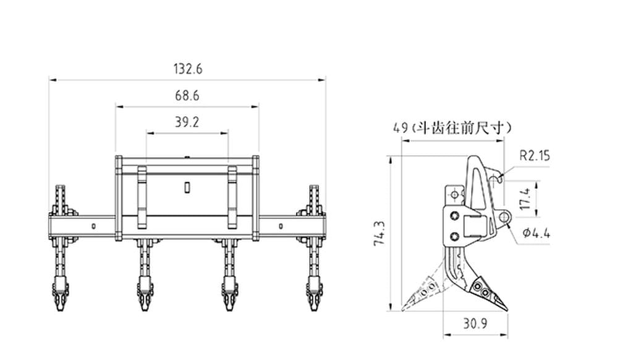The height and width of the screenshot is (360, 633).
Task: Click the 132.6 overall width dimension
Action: coord(187,69)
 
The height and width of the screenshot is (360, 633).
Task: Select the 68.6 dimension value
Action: coord(187,96)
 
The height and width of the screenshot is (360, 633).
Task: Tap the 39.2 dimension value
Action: coord(187,122)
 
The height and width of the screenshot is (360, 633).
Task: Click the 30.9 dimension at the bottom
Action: coord(475,324)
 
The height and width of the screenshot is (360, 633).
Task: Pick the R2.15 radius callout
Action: coord(534,156)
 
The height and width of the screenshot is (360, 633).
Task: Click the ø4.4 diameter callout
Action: coord(535,234)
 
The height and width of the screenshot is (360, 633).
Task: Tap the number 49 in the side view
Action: coord(400,128)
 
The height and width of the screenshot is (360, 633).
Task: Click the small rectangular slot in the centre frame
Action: coord(187,186)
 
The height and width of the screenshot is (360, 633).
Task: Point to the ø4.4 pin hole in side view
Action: coord(504,218)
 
